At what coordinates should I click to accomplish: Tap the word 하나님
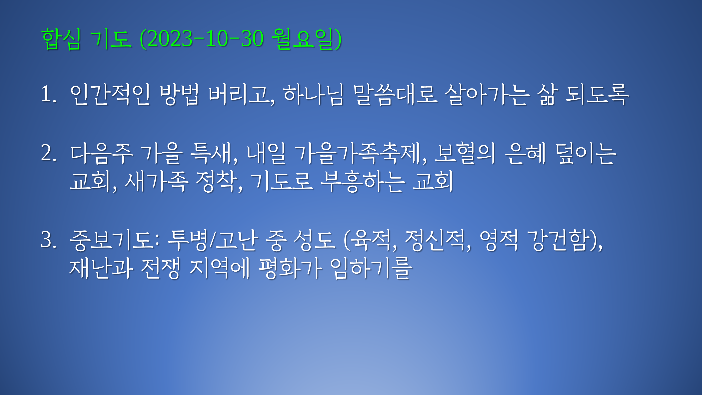313,95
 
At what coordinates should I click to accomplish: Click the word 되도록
597,95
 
